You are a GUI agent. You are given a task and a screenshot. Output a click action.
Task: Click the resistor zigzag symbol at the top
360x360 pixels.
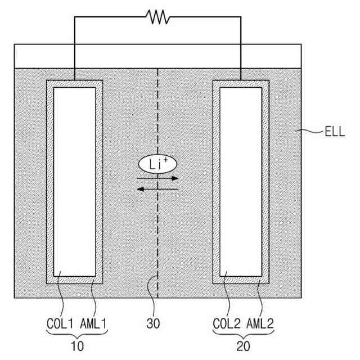(x=158, y=17)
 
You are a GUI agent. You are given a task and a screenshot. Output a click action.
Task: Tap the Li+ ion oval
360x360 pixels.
(x=158, y=164)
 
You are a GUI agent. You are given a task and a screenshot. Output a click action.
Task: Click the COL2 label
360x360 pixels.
(x=227, y=325)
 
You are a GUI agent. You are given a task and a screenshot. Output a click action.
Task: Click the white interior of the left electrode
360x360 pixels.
(x=74, y=180)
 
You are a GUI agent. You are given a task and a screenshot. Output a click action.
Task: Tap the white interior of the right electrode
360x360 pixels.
(x=240, y=180)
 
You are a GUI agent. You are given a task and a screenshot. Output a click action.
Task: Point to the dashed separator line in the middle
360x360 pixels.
(x=158, y=236)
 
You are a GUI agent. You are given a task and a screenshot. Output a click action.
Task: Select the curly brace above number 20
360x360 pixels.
(x=243, y=336)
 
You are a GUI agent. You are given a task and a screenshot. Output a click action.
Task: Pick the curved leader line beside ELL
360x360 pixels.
(x=312, y=133)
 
